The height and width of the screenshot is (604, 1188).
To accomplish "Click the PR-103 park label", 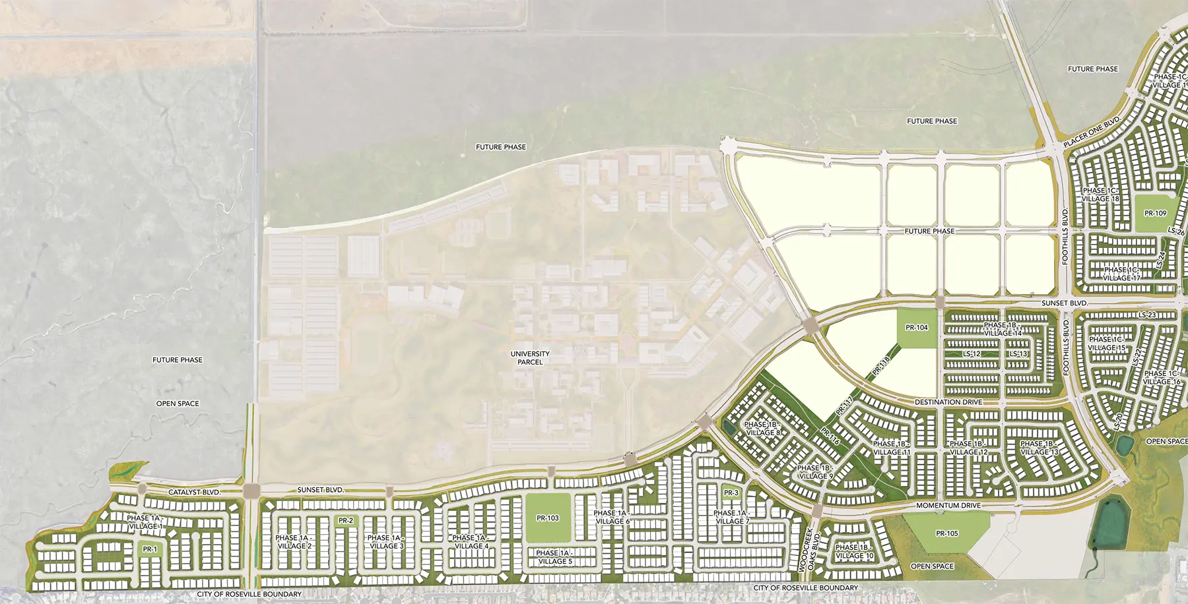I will [548, 518].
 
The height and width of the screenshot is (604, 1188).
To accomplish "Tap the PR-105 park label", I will [947, 533].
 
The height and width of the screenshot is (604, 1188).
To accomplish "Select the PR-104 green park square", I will [917, 328].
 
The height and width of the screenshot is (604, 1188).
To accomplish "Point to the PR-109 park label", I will [1155, 214].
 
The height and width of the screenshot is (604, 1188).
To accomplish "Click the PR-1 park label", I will [150, 549].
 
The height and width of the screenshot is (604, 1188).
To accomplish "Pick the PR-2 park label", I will [346, 521].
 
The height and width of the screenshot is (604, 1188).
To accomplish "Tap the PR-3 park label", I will [731, 493].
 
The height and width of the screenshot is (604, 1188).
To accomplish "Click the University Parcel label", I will [530, 358].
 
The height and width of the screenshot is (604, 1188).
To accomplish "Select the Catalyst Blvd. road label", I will [194, 493].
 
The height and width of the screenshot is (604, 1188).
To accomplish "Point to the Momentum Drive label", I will [948, 506].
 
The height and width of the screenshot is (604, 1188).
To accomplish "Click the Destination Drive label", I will [948, 402].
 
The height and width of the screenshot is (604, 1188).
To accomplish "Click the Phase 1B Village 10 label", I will [855, 552].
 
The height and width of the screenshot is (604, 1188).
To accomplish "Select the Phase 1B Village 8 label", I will [762, 429].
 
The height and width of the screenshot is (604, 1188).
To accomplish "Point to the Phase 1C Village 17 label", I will [1121, 274].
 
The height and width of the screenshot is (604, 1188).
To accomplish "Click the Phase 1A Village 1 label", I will [144, 522].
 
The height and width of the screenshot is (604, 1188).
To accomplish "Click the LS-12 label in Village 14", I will [972, 354].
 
